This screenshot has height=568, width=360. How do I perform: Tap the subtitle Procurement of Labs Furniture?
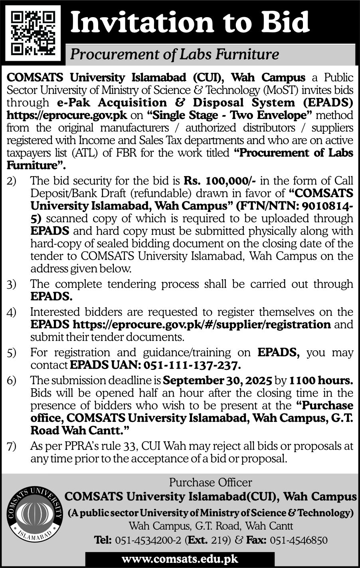[174, 54]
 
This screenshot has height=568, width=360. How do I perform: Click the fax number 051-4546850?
[299, 540]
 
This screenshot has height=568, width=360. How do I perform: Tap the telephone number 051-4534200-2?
[149, 540]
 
